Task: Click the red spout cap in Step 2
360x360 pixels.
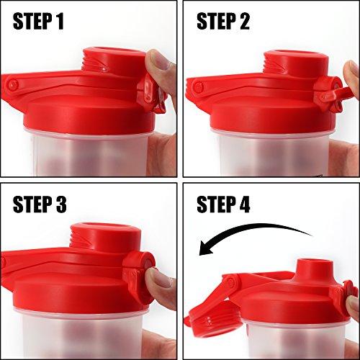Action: pyautogui.click(x=295, y=61)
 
